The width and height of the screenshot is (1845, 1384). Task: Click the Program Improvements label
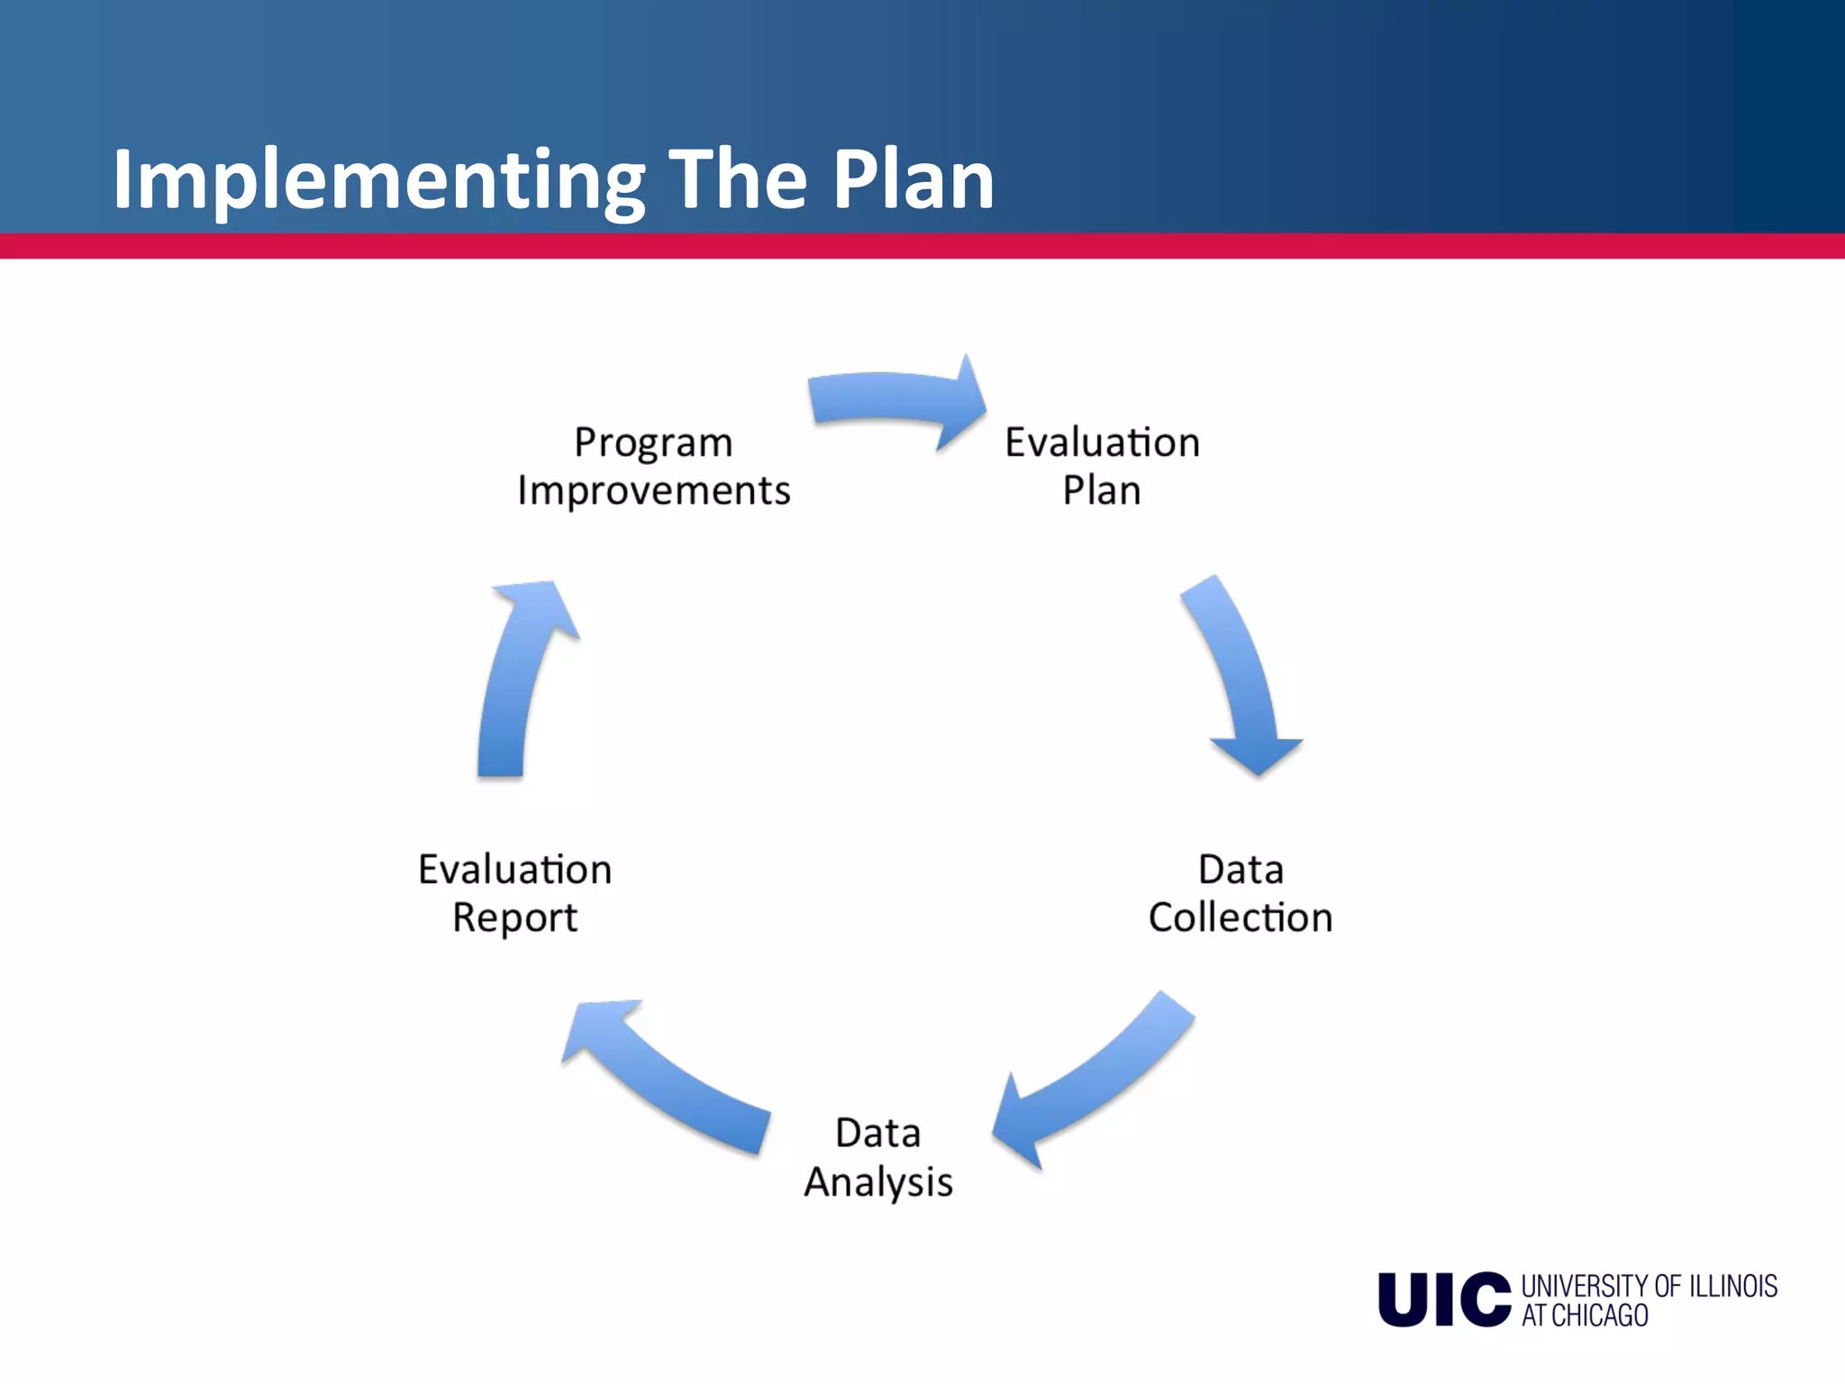(x=653, y=466)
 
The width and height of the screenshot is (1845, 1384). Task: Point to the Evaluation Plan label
(x=1102, y=466)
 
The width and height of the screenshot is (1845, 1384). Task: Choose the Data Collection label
(x=1240, y=893)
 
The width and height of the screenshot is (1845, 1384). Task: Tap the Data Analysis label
(x=877, y=1157)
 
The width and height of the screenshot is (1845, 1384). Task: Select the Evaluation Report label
(x=514, y=893)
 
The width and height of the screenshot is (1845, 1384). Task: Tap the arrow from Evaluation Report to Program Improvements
(x=518, y=676)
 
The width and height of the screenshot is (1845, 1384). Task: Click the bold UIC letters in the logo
(x=1444, y=1299)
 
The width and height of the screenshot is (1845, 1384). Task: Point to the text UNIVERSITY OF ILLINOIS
(x=1649, y=1286)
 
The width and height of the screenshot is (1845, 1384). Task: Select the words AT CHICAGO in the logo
(x=1585, y=1316)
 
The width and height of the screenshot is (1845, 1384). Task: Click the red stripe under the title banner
(x=922, y=246)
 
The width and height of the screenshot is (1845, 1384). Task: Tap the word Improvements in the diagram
(x=653, y=491)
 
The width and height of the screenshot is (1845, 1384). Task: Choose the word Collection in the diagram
(x=1240, y=917)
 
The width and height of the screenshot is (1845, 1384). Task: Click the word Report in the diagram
(x=514, y=918)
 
